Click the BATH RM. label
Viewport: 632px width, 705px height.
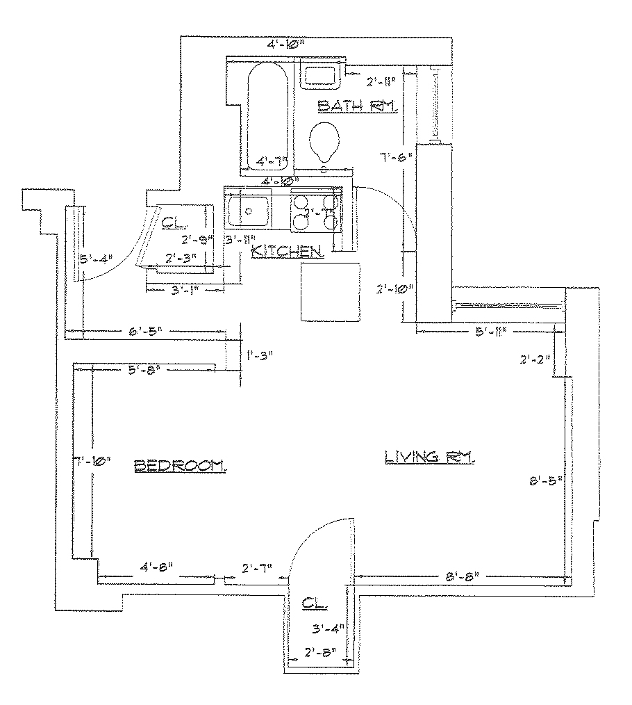click(x=356, y=106)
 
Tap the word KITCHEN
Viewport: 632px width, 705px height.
click(x=286, y=251)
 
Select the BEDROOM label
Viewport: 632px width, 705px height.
click(x=180, y=464)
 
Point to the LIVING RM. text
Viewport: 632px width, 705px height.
click(x=430, y=457)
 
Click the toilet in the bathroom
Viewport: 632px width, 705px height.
click(x=324, y=140)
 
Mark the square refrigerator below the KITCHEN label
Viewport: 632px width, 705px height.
click(x=331, y=291)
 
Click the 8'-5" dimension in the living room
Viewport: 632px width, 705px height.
click(x=544, y=480)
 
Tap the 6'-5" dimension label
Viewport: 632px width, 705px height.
click(x=145, y=331)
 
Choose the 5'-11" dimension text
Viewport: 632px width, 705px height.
click(x=490, y=332)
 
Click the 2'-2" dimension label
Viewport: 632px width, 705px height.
click(x=535, y=359)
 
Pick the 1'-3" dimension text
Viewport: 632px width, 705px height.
click(x=260, y=355)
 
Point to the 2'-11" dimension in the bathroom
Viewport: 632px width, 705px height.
click(x=381, y=81)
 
